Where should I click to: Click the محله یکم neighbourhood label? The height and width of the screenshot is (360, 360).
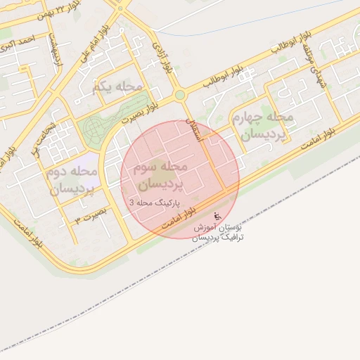pos(117,87)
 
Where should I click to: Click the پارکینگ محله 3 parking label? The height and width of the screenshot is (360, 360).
pos(155,202)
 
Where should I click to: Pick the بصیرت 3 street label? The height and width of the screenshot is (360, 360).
pos(92,214)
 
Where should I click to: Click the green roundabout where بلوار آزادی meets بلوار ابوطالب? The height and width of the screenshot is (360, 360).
pos(180,94)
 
